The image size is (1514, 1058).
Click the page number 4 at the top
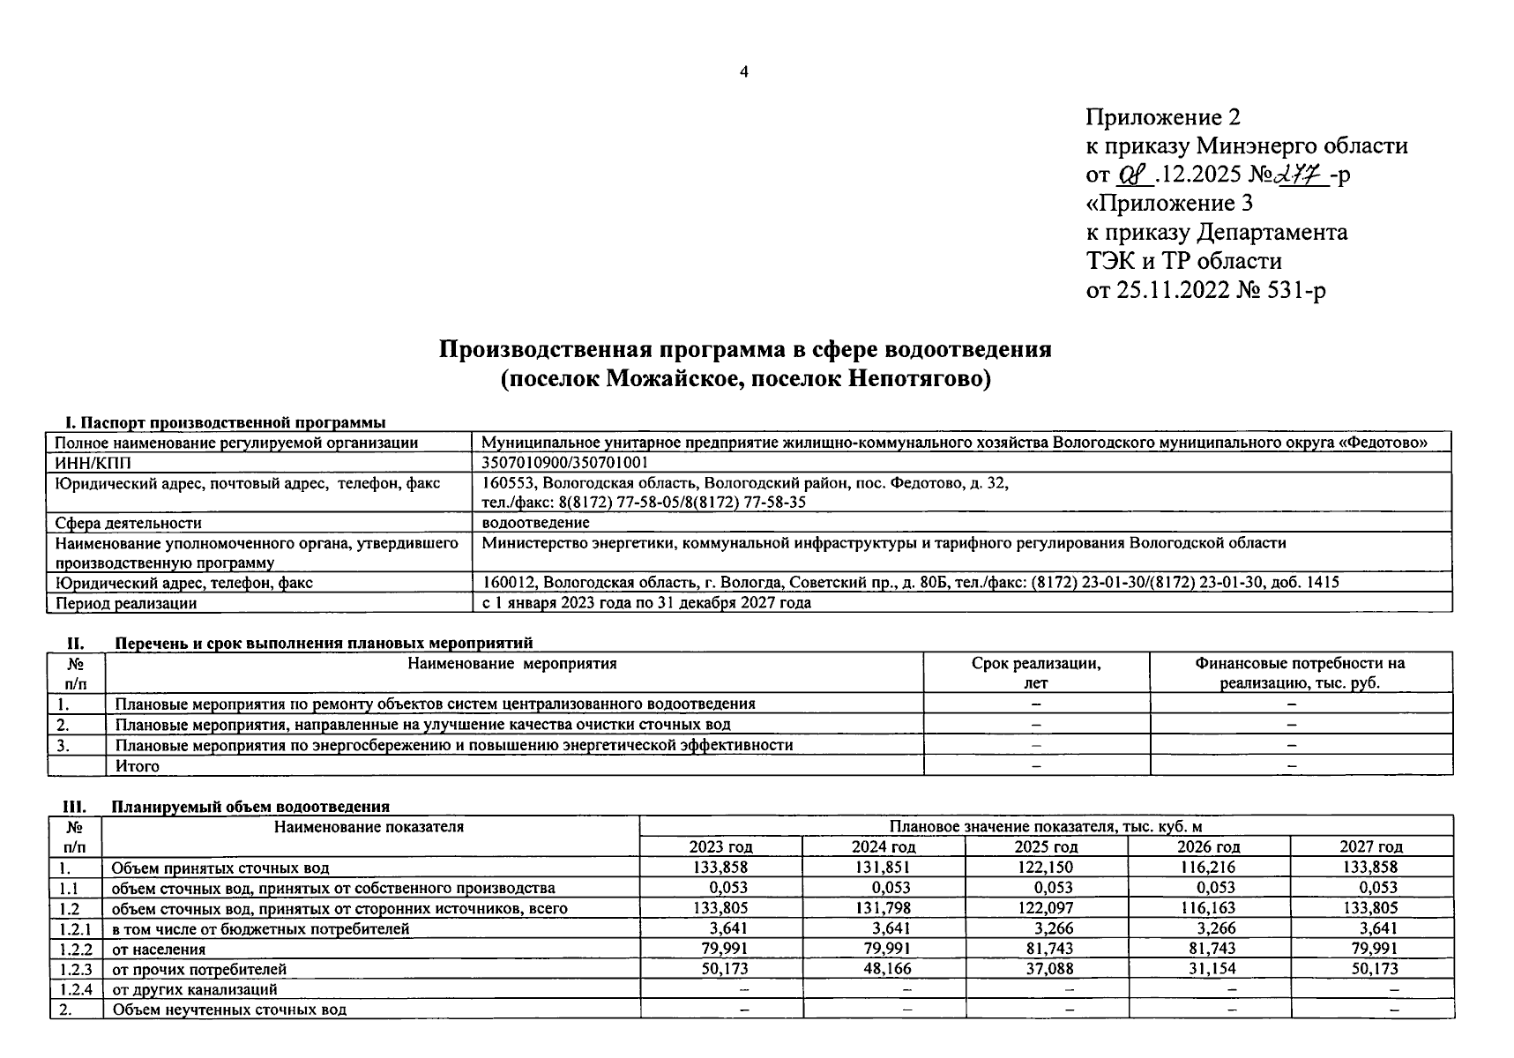(x=743, y=71)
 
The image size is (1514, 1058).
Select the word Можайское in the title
(x=662, y=379)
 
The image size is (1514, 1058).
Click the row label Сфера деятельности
(x=129, y=523)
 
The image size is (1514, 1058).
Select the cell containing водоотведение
(x=536, y=523)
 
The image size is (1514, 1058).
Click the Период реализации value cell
(x=646, y=603)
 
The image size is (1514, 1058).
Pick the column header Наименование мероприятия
(x=512, y=664)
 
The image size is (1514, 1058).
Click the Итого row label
(x=138, y=766)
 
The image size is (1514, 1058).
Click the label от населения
(x=159, y=949)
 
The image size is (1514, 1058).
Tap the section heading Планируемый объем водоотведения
(x=250, y=807)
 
